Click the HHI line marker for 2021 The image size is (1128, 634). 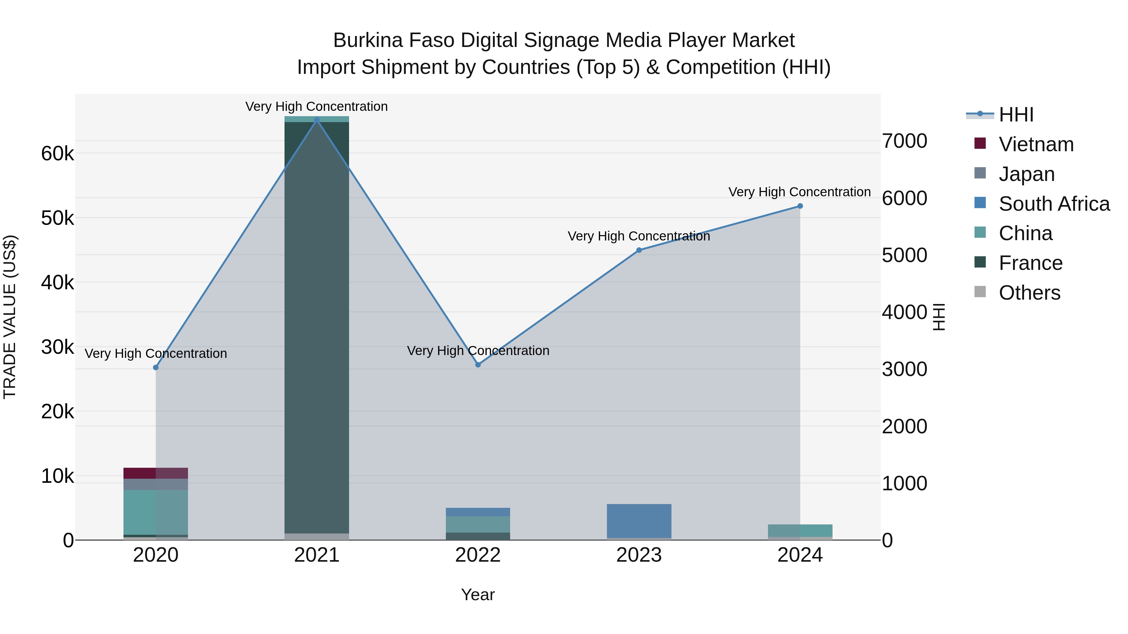pyautogui.click(x=316, y=120)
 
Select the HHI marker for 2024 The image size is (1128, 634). pyautogui.click(x=800, y=206)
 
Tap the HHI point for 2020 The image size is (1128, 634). pyautogui.click(x=155, y=368)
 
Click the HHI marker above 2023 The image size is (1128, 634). pyautogui.click(x=639, y=250)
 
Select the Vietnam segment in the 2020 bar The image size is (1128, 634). pyautogui.click(x=155, y=473)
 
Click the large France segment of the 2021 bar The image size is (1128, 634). pyautogui.click(x=316, y=328)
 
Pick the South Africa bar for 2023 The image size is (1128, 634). pyautogui.click(x=639, y=521)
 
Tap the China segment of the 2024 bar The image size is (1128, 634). pyautogui.click(x=800, y=530)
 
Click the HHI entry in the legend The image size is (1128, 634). pyautogui.click(x=1016, y=115)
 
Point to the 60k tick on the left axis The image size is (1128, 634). pyautogui.click(x=57, y=154)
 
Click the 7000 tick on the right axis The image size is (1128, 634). pyautogui.click(x=904, y=141)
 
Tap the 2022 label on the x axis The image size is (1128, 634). pyautogui.click(x=478, y=555)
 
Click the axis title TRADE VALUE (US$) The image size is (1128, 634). pyautogui.click(x=10, y=317)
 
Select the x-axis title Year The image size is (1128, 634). pyautogui.click(x=478, y=595)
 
